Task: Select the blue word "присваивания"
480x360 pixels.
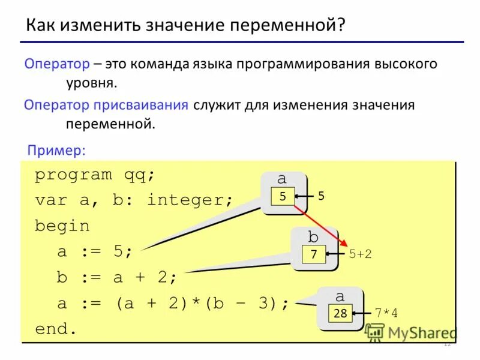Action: pyautogui.click(x=140, y=105)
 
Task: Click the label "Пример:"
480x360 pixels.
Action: pyautogui.click(x=57, y=150)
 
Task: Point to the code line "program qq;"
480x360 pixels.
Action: pyautogui.click(x=95, y=175)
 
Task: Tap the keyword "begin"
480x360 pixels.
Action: pyautogui.click(x=62, y=226)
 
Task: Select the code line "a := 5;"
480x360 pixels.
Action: pyautogui.click(x=95, y=252)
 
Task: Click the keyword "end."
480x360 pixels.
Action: pyautogui.click(x=56, y=329)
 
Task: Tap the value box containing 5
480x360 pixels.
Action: pyautogui.click(x=283, y=196)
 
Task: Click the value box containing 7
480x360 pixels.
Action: pyautogui.click(x=313, y=254)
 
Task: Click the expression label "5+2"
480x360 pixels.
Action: pyautogui.click(x=360, y=254)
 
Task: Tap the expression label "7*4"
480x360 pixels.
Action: pyautogui.click(x=386, y=313)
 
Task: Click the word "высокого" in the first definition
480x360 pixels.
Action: pyautogui.click(x=407, y=63)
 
